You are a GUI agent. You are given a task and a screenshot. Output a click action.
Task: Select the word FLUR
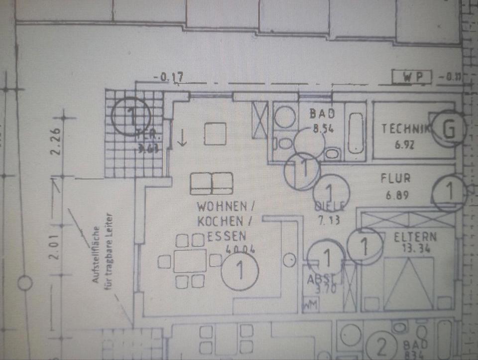(395, 178)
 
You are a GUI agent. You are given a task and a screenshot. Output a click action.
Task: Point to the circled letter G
(449, 129)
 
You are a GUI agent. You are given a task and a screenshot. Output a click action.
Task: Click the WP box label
(412, 77)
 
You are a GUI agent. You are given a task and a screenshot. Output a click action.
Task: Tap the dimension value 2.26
(55, 142)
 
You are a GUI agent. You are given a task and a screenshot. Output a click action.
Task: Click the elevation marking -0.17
(169, 77)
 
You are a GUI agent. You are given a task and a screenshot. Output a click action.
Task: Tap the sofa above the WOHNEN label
(212, 183)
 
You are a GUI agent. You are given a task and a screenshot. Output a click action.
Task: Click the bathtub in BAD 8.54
(355, 133)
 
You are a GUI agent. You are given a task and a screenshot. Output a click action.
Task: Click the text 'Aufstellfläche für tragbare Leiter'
(103, 249)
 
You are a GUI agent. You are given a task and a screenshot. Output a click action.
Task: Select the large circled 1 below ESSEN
(240, 271)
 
